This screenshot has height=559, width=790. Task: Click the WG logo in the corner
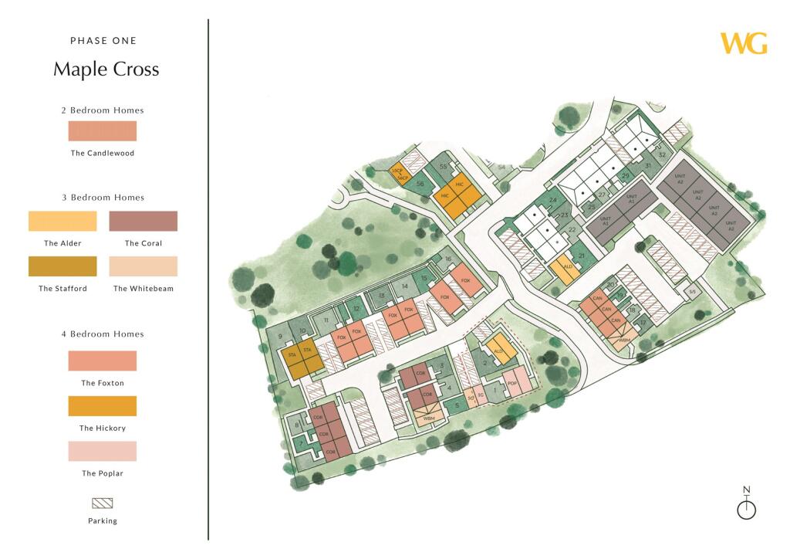tap(744, 43)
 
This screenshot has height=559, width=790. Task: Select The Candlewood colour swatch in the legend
tap(103, 130)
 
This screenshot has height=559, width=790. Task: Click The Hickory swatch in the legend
tap(103, 406)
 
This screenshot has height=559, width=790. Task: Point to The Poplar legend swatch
tap(103, 451)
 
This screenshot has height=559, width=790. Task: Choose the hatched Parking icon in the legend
tap(103, 503)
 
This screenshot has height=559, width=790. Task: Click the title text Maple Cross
tap(106, 69)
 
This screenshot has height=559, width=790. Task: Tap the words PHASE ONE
tap(103, 41)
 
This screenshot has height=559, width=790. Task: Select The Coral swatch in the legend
tap(143, 221)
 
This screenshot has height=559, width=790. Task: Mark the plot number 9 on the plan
tap(280, 337)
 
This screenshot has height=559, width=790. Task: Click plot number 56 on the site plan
tap(420, 184)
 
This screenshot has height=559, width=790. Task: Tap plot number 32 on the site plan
tap(662, 154)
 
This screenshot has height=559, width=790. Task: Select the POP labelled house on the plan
tap(511, 382)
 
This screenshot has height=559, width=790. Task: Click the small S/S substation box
tap(692, 292)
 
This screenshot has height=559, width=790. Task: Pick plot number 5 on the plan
tap(457, 405)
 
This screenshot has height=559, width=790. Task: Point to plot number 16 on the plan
tap(447, 259)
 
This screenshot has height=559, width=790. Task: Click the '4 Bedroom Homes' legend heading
tap(103, 334)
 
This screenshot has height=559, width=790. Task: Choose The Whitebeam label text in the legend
tap(143, 289)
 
